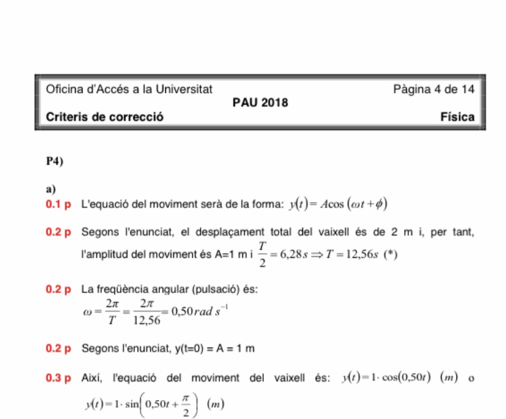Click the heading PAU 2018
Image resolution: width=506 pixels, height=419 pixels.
(260, 103)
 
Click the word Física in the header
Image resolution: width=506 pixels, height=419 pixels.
(457, 117)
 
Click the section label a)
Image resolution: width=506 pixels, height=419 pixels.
(51, 188)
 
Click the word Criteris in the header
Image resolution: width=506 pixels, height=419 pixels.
(66, 117)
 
